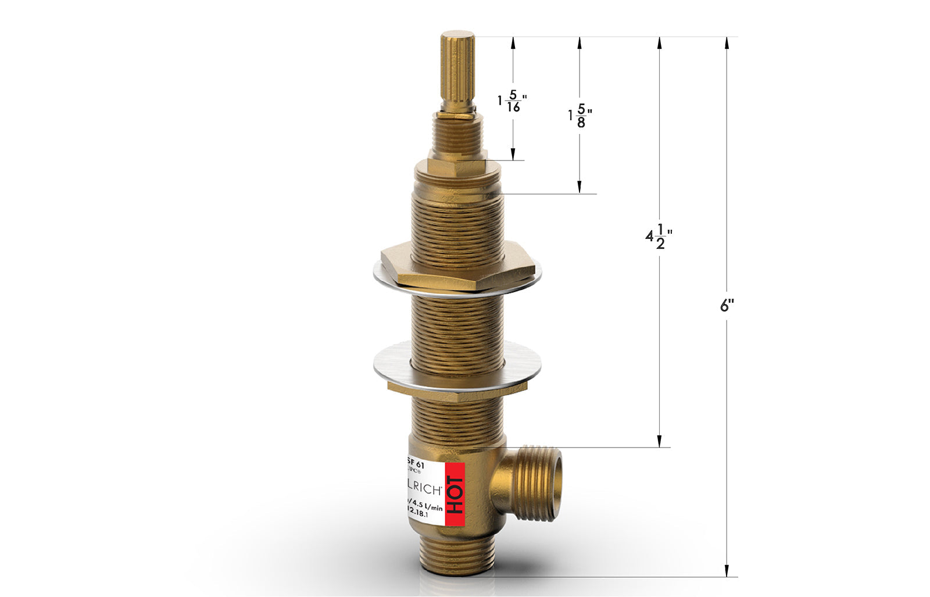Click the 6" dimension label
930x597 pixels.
727,305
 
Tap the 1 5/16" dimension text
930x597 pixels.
512,101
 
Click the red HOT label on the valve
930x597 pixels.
455,494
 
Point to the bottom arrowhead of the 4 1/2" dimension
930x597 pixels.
660,442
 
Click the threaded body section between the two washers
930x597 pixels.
457,323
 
